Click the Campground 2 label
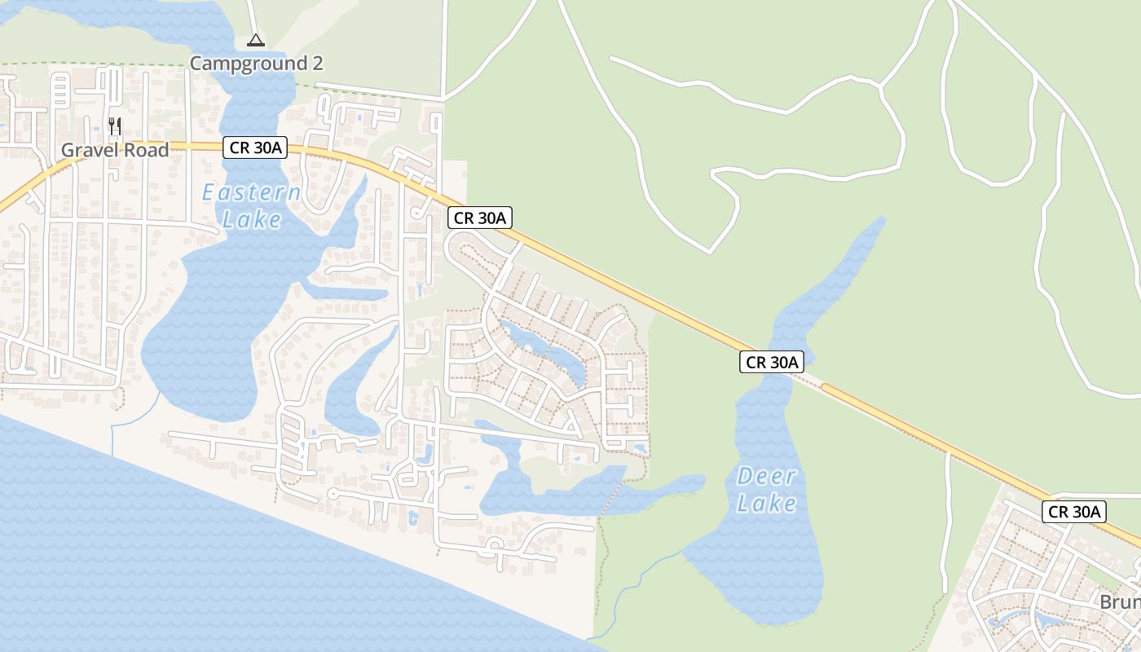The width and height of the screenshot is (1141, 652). [x=257, y=63]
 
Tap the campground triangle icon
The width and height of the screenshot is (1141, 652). [x=256, y=40]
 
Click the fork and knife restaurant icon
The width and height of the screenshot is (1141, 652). [x=115, y=126]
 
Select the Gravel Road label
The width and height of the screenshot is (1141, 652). [x=115, y=150]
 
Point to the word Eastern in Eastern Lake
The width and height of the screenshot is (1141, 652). [x=252, y=193]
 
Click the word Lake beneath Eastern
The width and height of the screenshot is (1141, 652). [x=252, y=219]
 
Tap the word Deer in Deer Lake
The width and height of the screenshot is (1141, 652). [x=766, y=476]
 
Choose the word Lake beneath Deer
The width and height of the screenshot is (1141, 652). [x=766, y=503]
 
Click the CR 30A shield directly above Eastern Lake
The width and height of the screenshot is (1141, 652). [x=255, y=148]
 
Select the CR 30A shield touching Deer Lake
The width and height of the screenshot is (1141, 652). [x=772, y=362]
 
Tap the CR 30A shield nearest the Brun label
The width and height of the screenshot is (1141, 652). [x=1074, y=512]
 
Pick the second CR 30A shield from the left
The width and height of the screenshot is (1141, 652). [x=480, y=218]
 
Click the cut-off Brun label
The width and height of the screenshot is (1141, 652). [x=1120, y=602]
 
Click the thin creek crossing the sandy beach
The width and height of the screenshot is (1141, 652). [x=130, y=420]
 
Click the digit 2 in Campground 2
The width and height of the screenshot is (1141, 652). [x=317, y=63]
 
